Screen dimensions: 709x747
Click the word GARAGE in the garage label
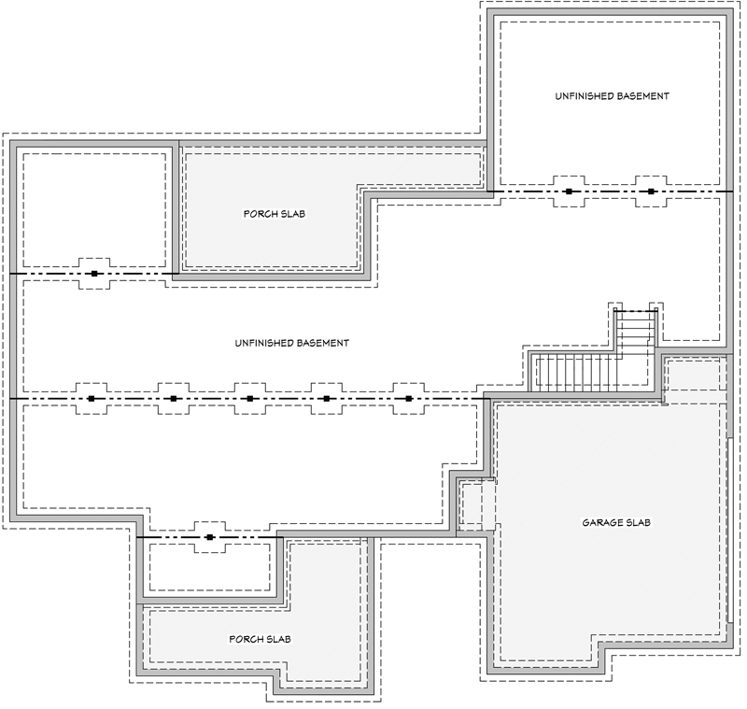(x=599, y=521)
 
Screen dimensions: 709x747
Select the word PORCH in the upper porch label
(x=259, y=214)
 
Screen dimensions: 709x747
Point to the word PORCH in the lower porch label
(x=246, y=640)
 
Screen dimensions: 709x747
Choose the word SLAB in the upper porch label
(x=292, y=214)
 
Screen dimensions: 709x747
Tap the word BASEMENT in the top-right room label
(x=642, y=96)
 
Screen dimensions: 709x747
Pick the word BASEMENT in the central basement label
(x=322, y=343)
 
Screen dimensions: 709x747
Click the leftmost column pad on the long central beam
(x=92, y=399)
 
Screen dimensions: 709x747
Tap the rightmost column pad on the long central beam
(x=409, y=399)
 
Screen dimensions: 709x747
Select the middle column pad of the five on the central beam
(x=250, y=399)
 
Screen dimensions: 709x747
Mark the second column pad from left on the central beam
(x=174, y=399)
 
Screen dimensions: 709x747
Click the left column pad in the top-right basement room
(x=568, y=191)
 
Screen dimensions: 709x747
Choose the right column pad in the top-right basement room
(x=651, y=191)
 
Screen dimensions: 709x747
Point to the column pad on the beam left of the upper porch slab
(x=94, y=274)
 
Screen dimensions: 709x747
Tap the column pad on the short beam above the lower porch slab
(x=210, y=537)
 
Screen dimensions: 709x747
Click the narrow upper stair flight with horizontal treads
(x=637, y=333)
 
